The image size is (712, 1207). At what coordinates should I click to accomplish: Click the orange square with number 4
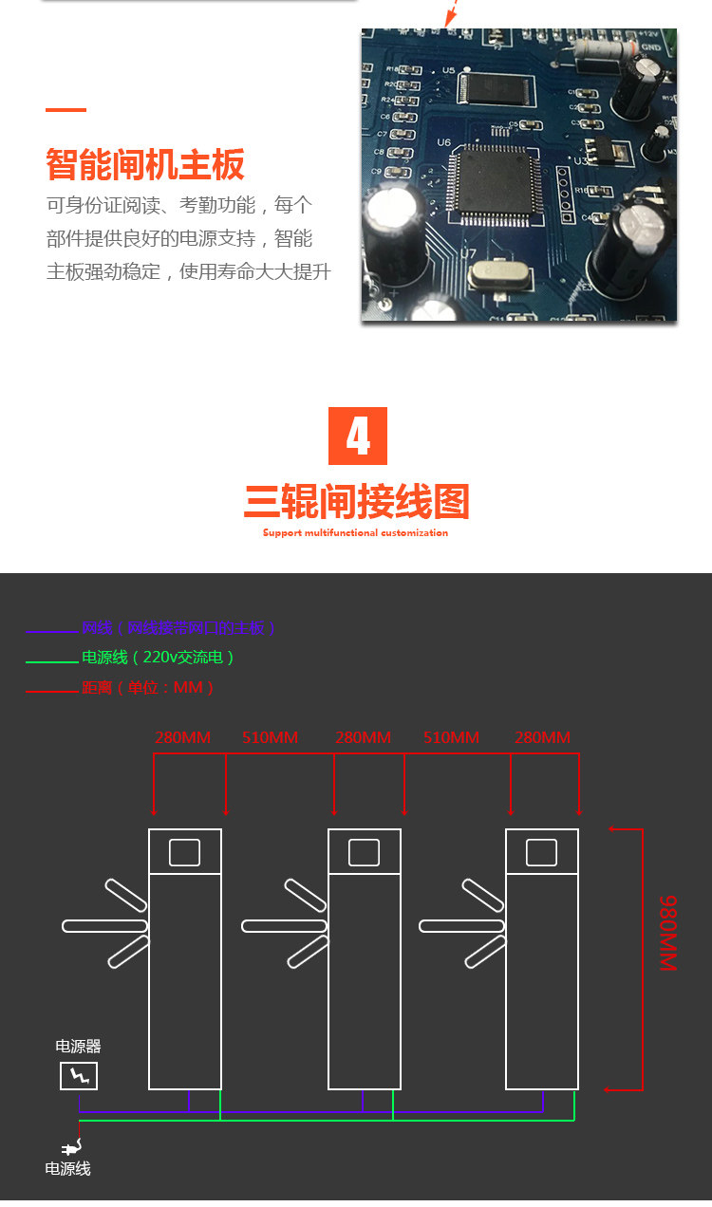click(x=358, y=436)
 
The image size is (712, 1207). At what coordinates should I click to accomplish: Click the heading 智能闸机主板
click(x=145, y=164)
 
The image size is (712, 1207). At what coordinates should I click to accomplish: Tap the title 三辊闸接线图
click(x=357, y=502)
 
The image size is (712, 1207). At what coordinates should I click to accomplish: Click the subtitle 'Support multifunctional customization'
click(x=355, y=533)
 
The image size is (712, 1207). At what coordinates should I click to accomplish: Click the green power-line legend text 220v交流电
click(x=158, y=658)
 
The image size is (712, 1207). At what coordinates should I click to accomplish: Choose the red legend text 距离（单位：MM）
click(x=148, y=687)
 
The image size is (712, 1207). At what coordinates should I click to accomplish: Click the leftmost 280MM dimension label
click(x=182, y=737)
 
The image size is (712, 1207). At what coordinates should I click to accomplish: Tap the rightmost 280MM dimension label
click(x=542, y=737)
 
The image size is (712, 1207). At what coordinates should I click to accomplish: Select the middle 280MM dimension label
click(x=363, y=737)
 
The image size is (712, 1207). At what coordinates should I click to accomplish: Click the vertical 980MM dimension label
click(x=668, y=932)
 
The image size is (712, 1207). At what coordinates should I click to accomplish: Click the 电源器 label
click(x=78, y=1047)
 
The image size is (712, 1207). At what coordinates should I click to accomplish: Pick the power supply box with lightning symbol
click(x=79, y=1076)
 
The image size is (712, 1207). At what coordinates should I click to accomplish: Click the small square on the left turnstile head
click(x=185, y=852)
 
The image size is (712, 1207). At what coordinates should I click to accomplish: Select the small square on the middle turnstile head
click(x=364, y=852)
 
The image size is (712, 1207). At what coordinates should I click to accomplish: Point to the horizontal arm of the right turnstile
click(x=461, y=925)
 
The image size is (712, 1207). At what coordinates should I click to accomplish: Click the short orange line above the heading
click(x=66, y=110)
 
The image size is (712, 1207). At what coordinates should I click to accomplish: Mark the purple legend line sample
click(x=52, y=632)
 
